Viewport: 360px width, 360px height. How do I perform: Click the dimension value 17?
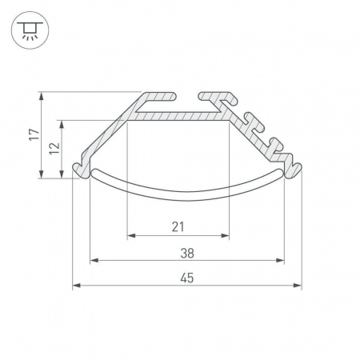point(34,134)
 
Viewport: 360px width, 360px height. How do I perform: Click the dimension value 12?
point(54,148)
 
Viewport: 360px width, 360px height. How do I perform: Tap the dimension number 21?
point(178,227)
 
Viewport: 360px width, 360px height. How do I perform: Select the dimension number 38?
point(187,253)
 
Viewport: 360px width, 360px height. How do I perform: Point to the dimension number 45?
point(187,278)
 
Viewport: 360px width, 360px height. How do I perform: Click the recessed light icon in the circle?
point(30,30)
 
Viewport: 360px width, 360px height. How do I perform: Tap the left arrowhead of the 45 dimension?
point(77,286)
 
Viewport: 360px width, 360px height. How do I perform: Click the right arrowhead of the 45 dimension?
point(298,286)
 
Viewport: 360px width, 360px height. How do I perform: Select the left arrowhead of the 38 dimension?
point(94,260)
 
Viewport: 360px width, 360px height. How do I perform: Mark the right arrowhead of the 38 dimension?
point(280,260)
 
